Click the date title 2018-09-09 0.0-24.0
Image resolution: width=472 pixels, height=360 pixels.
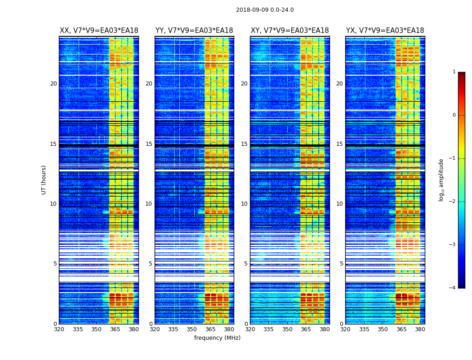(x=265, y=10)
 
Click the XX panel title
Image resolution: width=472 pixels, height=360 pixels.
(x=99, y=31)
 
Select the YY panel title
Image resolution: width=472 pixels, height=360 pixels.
(x=194, y=31)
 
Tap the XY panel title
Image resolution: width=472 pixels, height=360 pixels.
(x=289, y=31)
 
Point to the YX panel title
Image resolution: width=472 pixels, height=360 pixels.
(x=385, y=31)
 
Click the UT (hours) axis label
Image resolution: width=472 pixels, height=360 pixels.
(x=44, y=180)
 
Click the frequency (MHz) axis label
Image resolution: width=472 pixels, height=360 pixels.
(x=217, y=338)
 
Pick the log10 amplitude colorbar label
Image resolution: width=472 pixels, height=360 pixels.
(x=441, y=180)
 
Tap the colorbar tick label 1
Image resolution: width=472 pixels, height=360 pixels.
(x=454, y=72)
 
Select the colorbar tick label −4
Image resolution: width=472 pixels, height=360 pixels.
(x=453, y=288)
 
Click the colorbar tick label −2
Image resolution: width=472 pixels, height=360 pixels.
(x=453, y=202)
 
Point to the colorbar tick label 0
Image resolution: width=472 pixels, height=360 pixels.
(x=454, y=115)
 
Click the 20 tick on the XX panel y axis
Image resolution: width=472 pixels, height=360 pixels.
(x=53, y=84)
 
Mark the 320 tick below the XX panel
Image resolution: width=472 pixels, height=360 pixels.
(x=59, y=329)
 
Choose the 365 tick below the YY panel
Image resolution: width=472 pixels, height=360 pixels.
(x=211, y=329)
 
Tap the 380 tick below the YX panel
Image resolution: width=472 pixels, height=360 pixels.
(x=420, y=329)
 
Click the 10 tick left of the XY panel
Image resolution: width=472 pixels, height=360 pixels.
(x=244, y=204)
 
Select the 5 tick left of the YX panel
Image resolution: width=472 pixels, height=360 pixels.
(x=341, y=264)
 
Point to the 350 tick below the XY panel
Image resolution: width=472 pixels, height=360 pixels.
(x=287, y=329)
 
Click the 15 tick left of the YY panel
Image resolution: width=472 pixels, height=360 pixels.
(x=149, y=144)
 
